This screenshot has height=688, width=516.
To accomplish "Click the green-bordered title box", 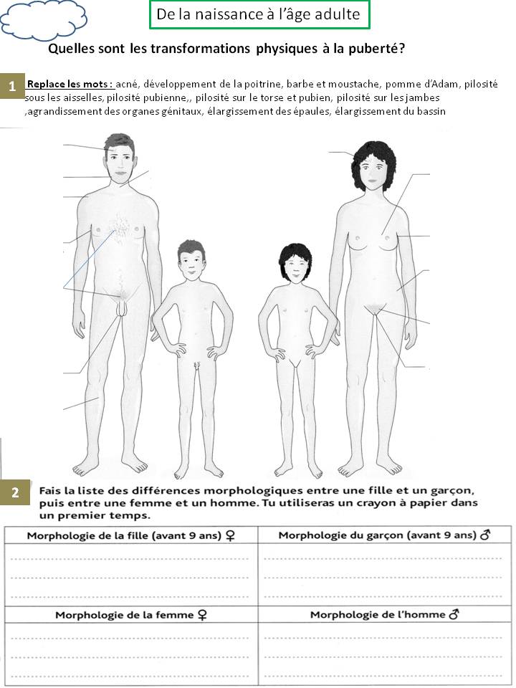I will coord(259,14).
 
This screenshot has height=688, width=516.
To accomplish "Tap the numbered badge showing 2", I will coord(15,492).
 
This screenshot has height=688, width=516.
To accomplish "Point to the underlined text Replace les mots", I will coord(69,84).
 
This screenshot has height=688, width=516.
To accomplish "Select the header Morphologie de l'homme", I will coord(384,614).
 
